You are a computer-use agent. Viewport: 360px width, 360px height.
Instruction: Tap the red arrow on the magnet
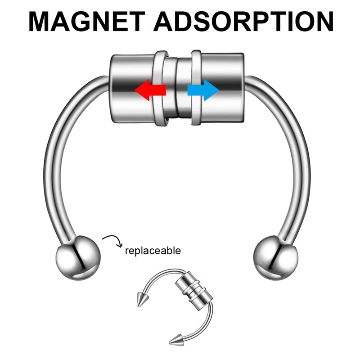(x=150, y=90)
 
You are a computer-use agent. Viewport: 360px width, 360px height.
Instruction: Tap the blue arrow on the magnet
(x=203, y=90)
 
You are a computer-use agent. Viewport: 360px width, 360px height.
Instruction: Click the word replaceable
(x=153, y=250)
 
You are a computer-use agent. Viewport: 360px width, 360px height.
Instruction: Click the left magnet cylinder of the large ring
(x=130, y=88)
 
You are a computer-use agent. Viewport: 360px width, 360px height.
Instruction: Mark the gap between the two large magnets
(x=176, y=90)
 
